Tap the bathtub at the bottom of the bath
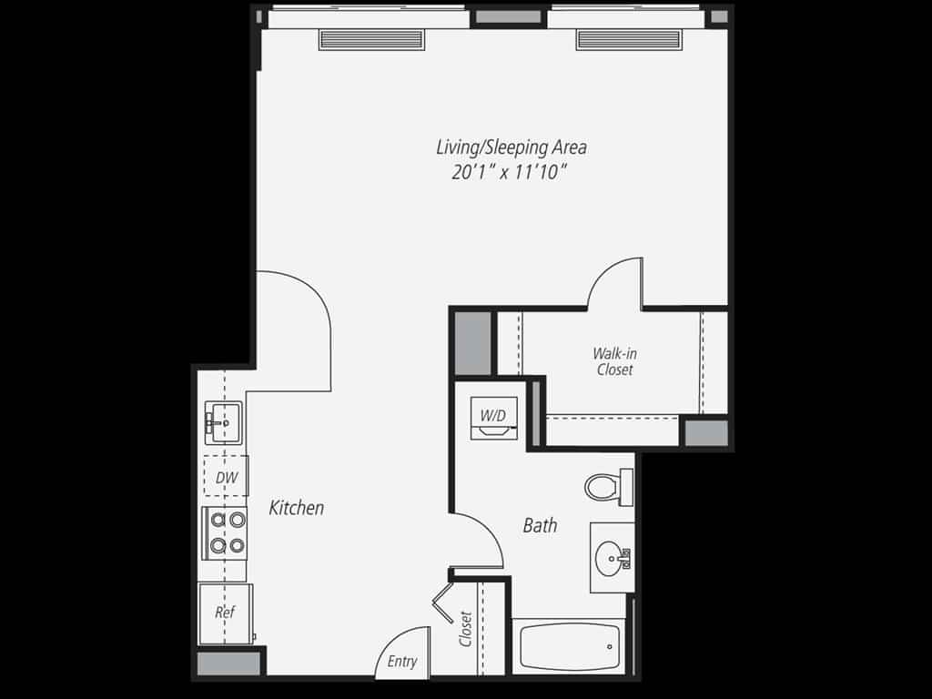pos(566,645)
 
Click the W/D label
pos(492,415)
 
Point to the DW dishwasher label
pos(226,476)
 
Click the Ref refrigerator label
pos(224,612)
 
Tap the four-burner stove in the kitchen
pos(225,532)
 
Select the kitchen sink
pos(221,422)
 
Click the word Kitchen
pos(296,508)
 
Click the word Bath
pos(540,525)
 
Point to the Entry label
pos(402,662)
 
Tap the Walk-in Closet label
pos(614,361)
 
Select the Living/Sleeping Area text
pos(511,147)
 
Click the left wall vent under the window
pos(371,39)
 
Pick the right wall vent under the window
pos(628,39)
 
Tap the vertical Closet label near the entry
pos(466,628)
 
